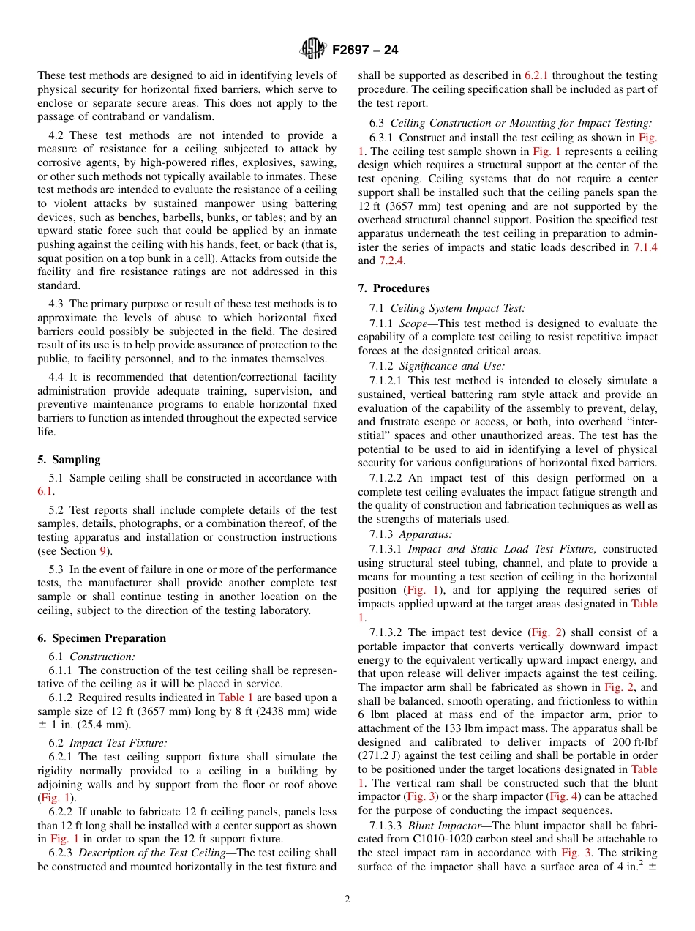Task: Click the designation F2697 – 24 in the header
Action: (x=365, y=50)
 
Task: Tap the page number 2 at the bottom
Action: (x=347, y=900)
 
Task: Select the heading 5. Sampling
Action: (x=69, y=460)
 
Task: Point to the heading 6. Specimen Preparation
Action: (x=102, y=638)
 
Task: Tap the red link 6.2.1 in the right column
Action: (x=538, y=75)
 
